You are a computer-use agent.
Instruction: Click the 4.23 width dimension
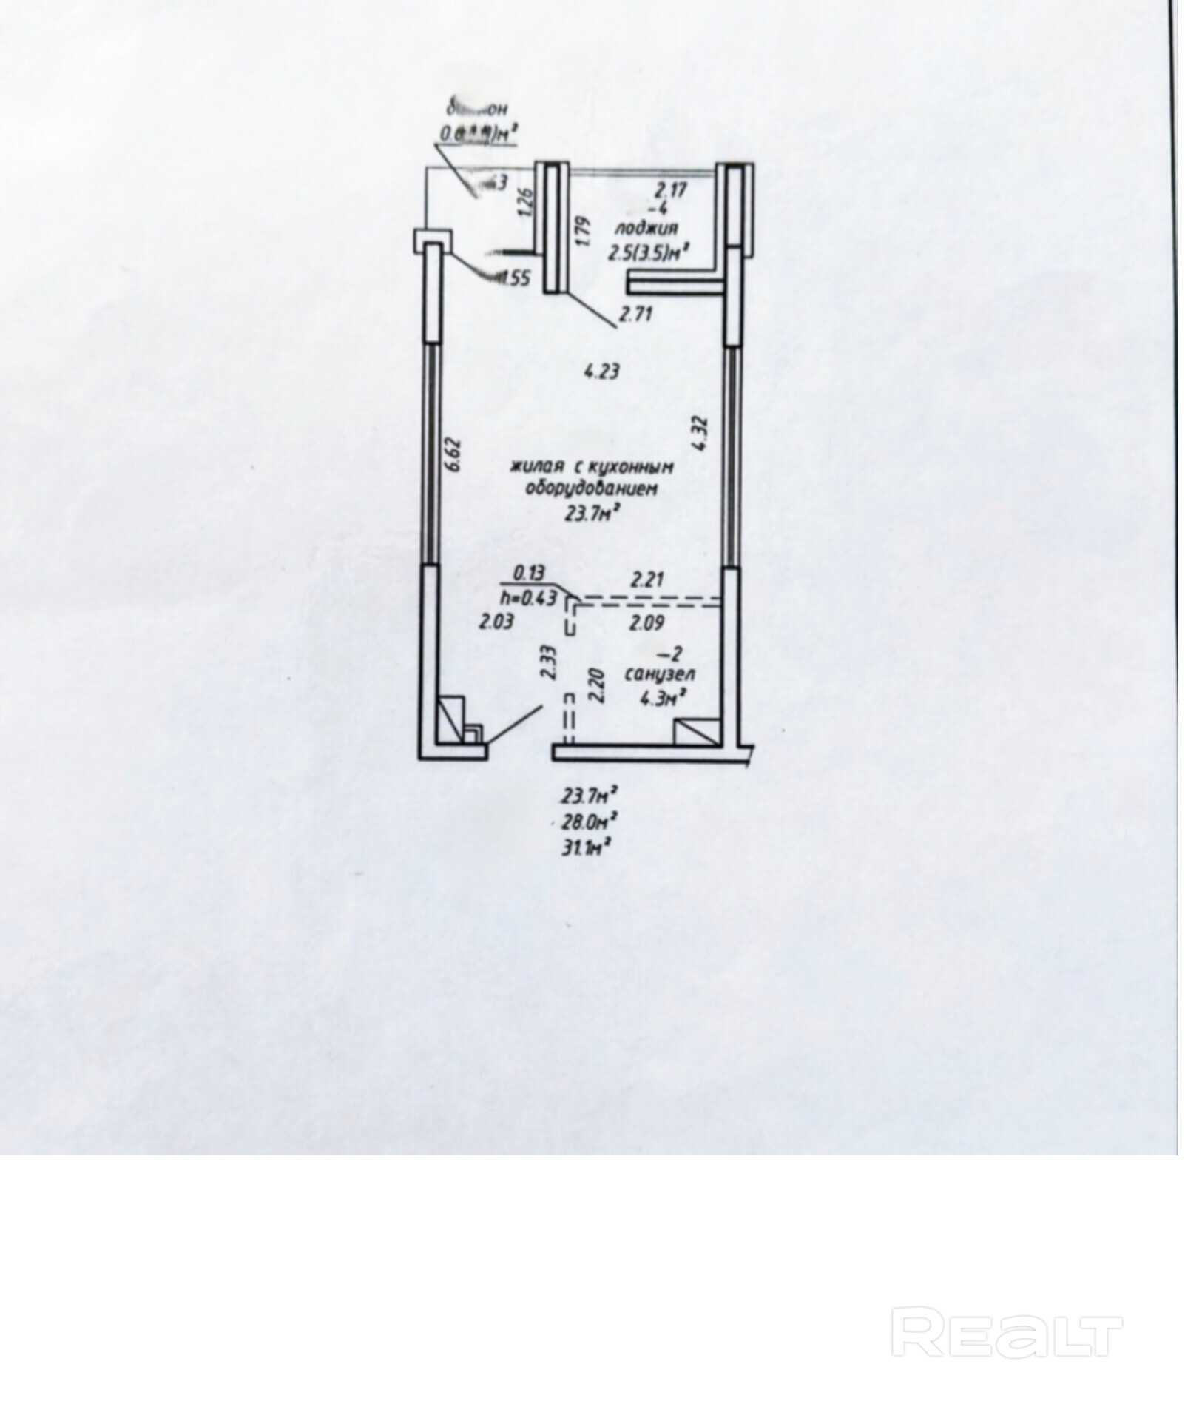click(601, 371)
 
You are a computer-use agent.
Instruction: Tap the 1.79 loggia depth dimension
click(582, 230)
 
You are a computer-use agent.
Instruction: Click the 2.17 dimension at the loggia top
click(670, 189)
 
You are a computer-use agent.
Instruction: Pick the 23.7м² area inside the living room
click(591, 513)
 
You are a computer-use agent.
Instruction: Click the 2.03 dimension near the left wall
click(496, 622)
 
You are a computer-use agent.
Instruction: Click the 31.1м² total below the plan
click(590, 847)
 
